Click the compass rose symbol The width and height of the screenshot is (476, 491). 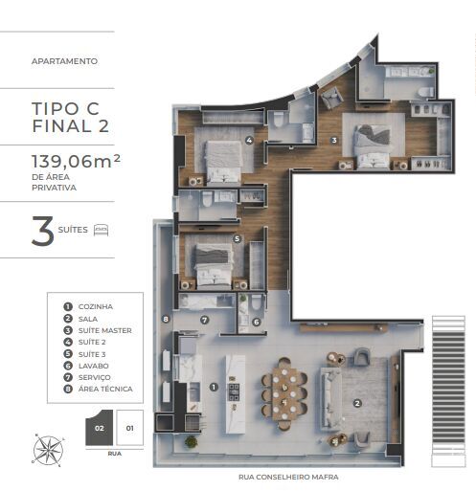coord(49,450)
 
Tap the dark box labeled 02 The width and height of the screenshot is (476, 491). coord(99,428)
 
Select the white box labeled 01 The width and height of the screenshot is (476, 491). coord(129,428)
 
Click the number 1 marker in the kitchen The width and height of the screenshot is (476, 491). coord(214,387)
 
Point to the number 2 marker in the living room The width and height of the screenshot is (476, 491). coord(357,403)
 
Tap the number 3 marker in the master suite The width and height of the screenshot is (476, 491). coord(334,140)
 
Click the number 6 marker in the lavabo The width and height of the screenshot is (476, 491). coord(257,322)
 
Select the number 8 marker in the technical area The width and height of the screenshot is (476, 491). coord(166,319)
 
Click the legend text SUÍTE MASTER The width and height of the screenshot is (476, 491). coord(105,330)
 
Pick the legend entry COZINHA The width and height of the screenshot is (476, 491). coord(96,306)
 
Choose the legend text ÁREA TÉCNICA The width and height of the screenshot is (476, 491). coord(105,389)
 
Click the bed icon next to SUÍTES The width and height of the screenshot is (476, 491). coord(101,230)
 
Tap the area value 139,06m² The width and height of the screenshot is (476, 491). coord(76,161)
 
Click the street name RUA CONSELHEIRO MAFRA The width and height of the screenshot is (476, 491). coord(288,477)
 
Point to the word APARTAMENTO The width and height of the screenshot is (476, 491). coord(64,61)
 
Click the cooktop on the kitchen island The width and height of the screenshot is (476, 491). coord(234,392)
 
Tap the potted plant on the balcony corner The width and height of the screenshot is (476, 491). coord(191,441)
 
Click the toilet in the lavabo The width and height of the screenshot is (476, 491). coord(257,302)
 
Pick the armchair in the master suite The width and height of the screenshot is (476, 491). coord(332,98)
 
